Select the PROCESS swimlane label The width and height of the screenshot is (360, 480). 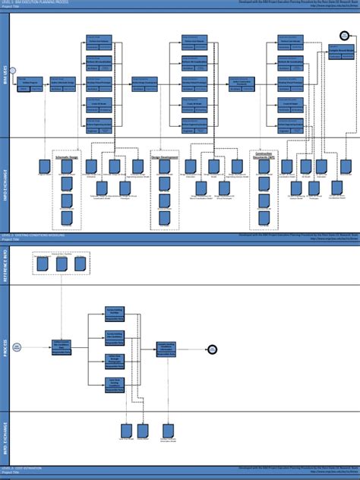coord(5,349)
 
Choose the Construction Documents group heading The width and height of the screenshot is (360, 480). coord(264,154)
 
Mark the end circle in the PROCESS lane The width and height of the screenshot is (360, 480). coord(213,349)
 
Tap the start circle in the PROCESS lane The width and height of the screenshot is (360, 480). coord(17,347)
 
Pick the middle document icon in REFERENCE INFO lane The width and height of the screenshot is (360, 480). coord(61,264)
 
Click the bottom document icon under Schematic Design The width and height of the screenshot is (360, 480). coord(67,219)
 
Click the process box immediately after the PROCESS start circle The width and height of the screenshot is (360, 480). coord(62,347)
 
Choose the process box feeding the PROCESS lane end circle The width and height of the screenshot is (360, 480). coord(166,348)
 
